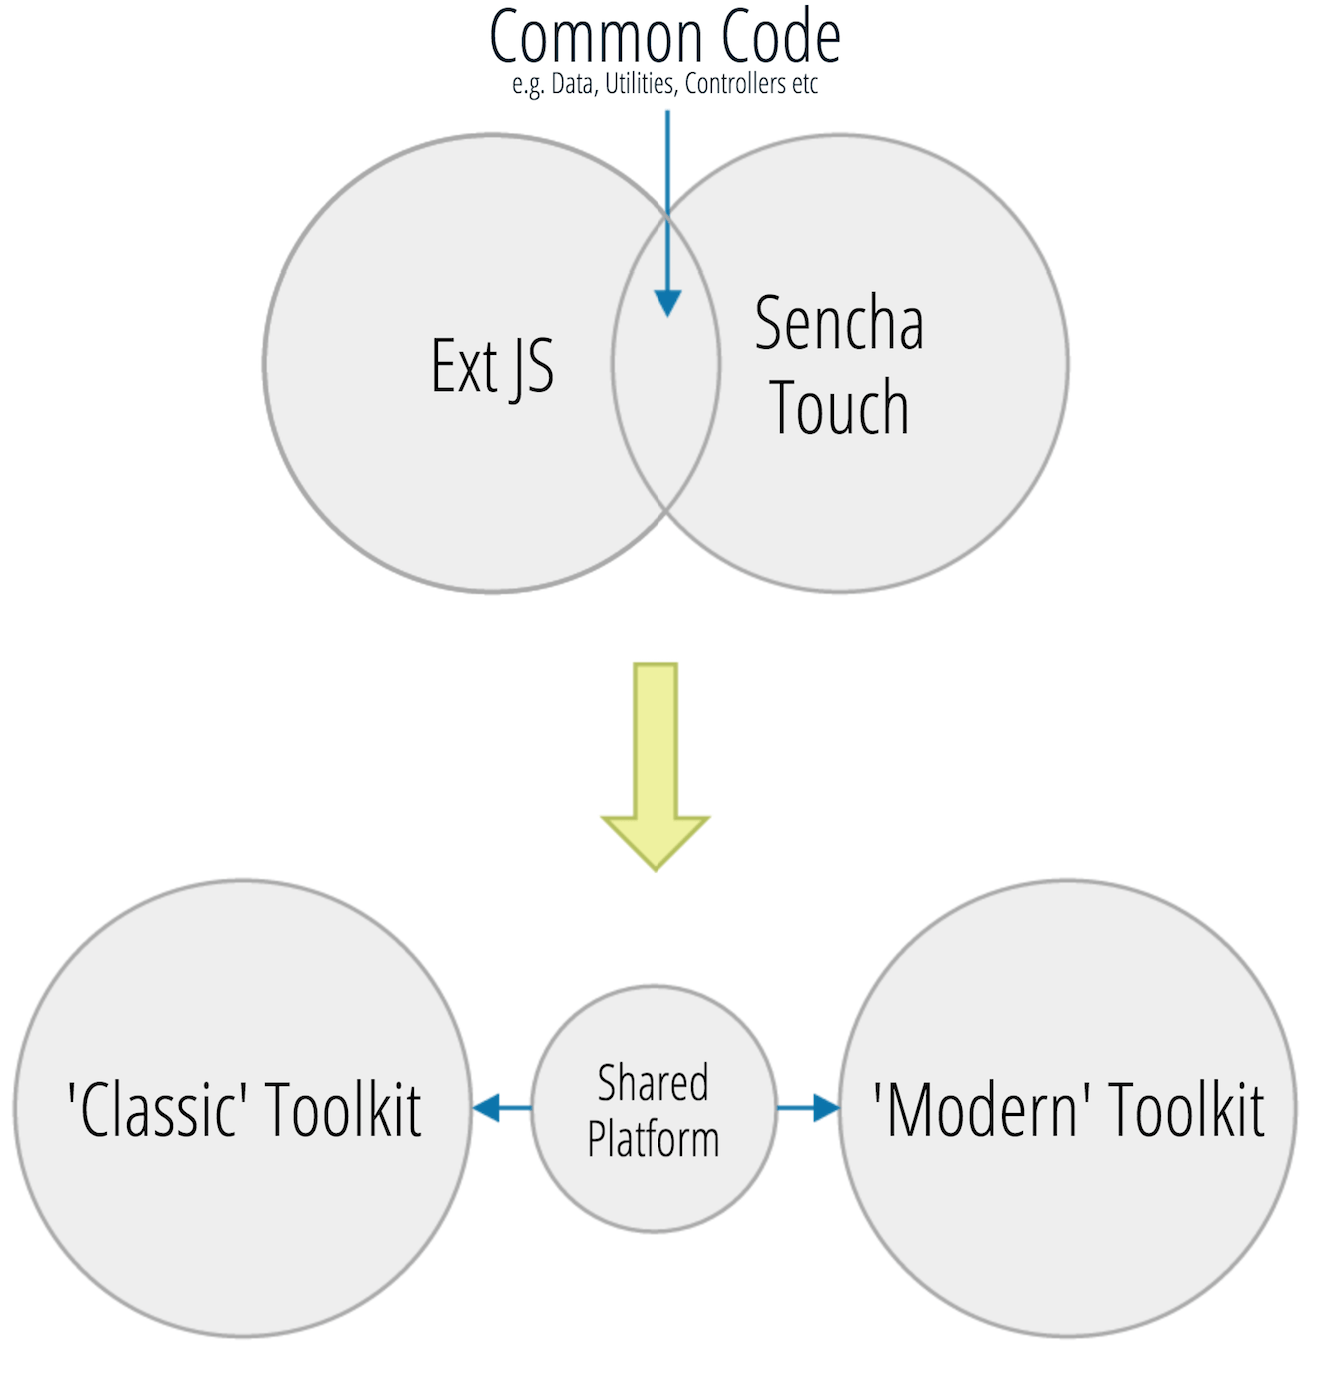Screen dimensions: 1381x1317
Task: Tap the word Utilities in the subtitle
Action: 640,84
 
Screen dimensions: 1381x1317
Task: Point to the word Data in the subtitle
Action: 573,84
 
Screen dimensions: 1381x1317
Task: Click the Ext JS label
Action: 492,366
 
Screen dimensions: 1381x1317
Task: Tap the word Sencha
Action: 839,324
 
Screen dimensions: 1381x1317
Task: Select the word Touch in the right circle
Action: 839,408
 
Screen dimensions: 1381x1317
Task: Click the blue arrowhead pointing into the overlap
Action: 667,302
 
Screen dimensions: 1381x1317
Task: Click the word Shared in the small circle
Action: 654,1083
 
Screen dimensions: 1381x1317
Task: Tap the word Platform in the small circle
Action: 654,1139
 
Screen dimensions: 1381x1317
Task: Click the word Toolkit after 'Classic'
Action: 343,1109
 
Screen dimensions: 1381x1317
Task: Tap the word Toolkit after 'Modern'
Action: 1187,1109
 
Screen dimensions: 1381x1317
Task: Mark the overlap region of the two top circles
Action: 665,400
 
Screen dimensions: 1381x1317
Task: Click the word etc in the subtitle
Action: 805,84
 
